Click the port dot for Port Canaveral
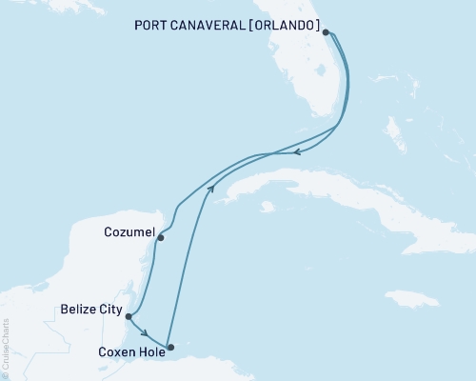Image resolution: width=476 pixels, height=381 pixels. pyautogui.click(x=327, y=31)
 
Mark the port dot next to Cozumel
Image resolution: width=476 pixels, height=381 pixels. pyautogui.click(x=160, y=237)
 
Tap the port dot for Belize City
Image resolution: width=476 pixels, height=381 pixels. pyautogui.click(x=128, y=316)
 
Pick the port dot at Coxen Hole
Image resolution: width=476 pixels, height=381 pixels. pyautogui.click(x=170, y=348)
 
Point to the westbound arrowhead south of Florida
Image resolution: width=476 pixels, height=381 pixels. pyautogui.click(x=297, y=151)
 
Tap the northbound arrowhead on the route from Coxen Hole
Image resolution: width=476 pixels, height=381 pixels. pyautogui.click(x=211, y=190)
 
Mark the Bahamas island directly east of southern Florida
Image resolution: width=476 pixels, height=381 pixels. pyautogui.click(x=392, y=129)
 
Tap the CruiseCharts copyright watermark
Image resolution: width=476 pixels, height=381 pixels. pyautogui.click(x=6, y=349)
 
